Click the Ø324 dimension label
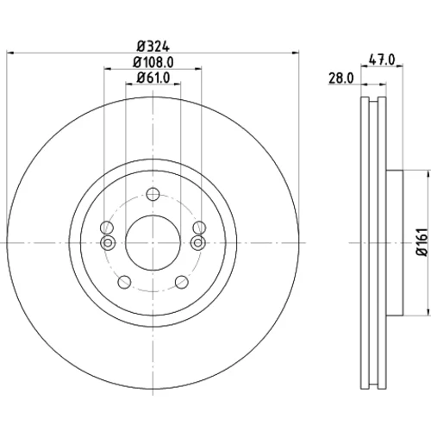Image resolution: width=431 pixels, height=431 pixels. pos(153,47)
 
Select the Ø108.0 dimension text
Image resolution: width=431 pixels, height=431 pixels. pos(153,62)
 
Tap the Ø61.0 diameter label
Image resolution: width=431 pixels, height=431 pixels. pos(153,78)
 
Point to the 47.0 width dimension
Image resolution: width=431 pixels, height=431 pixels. pos(382,59)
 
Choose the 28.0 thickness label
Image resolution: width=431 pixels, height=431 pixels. pos(341,78)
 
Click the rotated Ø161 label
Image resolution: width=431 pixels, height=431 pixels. pos(422,242)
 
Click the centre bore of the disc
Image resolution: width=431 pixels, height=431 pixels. pos(153,243)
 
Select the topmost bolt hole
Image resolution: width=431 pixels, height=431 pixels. pos(153,194)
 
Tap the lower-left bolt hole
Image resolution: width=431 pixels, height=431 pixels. pos(124,282)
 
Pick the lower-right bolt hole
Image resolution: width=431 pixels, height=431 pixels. pos(182,282)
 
